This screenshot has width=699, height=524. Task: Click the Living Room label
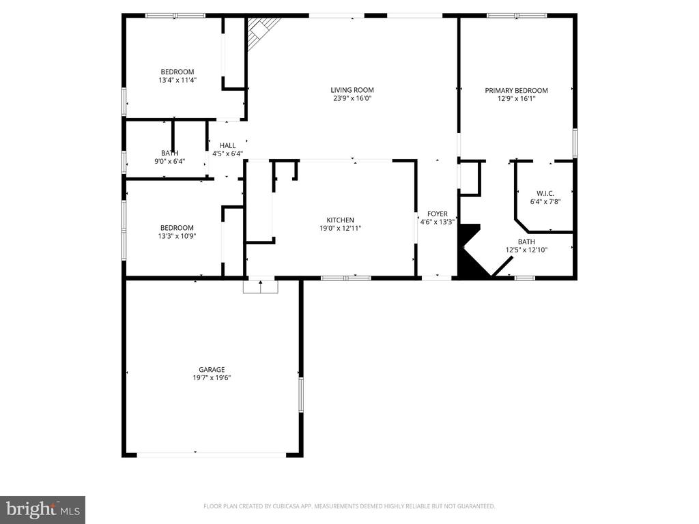click(352, 90)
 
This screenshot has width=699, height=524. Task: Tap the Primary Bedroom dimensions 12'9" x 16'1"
click(516, 98)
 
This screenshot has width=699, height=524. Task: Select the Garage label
click(212, 370)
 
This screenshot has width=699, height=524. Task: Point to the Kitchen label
click(340, 220)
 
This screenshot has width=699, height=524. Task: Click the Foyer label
click(437, 214)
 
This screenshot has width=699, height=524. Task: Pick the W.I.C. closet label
click(544, 193)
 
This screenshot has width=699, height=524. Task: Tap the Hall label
click(227, 145)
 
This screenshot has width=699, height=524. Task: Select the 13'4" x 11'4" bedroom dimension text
click(177, 80)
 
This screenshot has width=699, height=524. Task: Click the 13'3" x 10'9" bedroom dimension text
click(177, 236)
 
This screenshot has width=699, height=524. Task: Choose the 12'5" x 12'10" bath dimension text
click(526, 250)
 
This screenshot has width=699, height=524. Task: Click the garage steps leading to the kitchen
click(260, 287)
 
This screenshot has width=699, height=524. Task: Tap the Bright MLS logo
click(42, 509)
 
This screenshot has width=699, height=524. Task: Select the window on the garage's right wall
click(300, 395)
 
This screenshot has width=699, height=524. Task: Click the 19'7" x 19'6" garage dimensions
click(212, 378)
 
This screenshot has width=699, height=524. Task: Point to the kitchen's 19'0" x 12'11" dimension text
click(340, 228)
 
